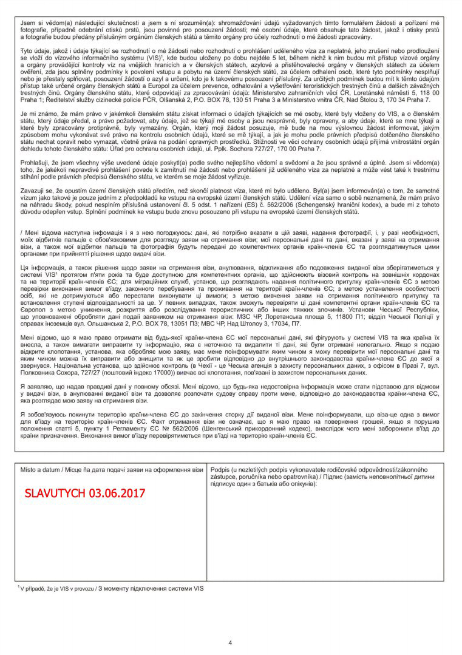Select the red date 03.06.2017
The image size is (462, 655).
click(x=117, y=493)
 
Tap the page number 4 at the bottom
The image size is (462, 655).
click(x=230, y=643)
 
